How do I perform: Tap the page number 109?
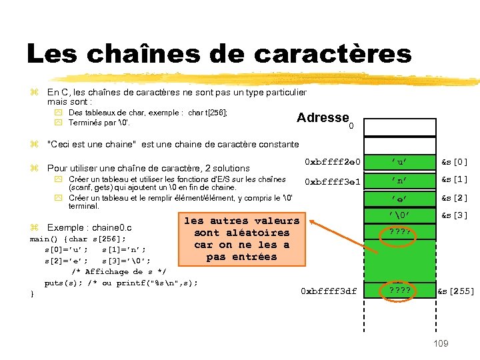(441, 343)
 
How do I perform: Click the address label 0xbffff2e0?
(332, 162)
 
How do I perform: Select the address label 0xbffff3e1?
(332, 181)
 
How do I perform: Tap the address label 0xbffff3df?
(329, 291)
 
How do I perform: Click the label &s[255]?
(457, 291)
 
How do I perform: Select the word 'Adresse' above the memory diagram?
(323, 118)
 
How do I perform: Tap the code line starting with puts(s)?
(121, 283)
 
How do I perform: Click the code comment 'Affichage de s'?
(119, 272)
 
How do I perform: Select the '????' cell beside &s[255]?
(400, 291)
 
